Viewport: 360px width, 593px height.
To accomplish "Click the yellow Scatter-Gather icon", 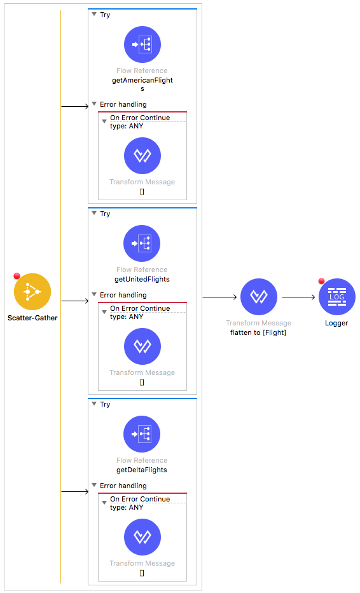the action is click(x=32, y=292).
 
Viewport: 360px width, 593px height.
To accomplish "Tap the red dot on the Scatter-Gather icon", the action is click(x=17, y=276).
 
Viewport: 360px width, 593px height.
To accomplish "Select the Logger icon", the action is click(x=337, y=297).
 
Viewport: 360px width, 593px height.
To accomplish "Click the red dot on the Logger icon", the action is click(x=321, y=281).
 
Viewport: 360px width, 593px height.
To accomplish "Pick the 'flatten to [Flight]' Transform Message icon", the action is click(x=259, y=297).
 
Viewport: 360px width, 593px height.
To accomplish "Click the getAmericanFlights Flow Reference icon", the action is click(x=142, y=44).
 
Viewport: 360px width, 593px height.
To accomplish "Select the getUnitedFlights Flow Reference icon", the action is click(x=142, y=243).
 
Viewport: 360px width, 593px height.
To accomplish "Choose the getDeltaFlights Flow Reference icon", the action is click(x=142, y=433).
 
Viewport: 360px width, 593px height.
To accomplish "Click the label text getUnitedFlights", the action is click(x=142, y=279).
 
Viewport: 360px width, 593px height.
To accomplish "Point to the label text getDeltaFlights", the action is click(x=142, y=470).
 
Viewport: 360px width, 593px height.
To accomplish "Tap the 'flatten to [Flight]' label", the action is click(x=258, y=332).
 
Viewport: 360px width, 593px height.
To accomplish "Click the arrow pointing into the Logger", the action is click(x=299, y=297).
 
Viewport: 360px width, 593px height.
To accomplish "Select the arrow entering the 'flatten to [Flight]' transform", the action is click(x=219, y=297).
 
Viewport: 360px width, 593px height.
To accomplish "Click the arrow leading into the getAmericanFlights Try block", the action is click(x=75, y=107).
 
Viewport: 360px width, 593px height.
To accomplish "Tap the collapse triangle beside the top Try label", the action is click(x=94, y=15).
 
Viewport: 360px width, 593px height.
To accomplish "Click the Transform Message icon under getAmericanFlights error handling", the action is click(x=142, y=156).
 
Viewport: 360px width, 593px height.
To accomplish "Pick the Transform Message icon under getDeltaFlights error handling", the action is click(x=142, y=536).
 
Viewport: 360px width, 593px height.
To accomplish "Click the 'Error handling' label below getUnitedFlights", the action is click(x=123, y=295).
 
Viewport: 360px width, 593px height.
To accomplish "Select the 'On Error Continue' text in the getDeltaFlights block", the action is click(x=140, y=499).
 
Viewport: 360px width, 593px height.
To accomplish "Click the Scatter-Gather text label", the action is click(x=32, y=318).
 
